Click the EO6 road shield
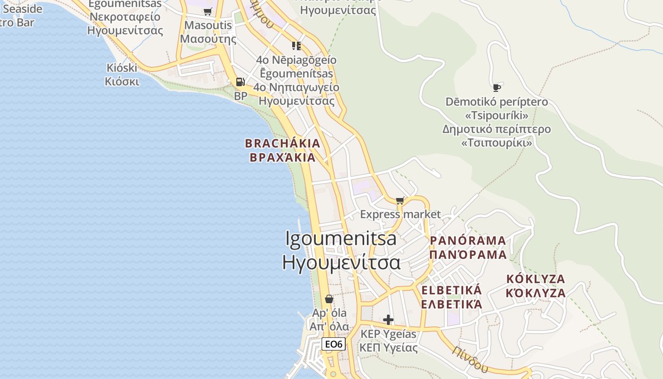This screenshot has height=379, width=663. click(x=333, y=344)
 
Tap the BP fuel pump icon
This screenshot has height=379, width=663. click(x=241, y=82)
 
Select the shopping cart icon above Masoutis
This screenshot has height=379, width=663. click(x=207, y=11)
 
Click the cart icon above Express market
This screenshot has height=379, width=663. click(x=400, y=200)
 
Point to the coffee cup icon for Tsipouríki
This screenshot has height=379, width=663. click(x=496, y=88)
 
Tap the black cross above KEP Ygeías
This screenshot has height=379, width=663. click(x=388, y=320)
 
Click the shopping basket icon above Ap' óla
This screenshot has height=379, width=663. click(x=329, y=299)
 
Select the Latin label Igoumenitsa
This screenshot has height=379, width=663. click(x=341, y=238)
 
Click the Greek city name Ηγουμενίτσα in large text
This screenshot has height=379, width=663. click(x=341, y=262)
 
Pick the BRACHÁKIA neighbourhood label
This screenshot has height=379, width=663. click(x=283, y=143)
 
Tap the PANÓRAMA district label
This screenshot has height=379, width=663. click(x=468, y=241)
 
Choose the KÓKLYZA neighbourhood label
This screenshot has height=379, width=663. click(x=536, y=279)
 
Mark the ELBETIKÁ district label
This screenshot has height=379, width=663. click(x=451, y=290)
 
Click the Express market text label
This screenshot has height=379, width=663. click(x=400, y=214)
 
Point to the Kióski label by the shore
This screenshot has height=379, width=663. click(x=122, y=68)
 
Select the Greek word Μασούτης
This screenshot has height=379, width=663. click(x=208, y=39)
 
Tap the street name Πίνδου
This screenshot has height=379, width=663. click(x=469, y=359)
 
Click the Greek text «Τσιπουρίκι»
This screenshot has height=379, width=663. click(x=496, y=143)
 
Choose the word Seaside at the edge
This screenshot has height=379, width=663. click(x=23, y=9)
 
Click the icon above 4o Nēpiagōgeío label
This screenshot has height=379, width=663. click(x=296, y=45)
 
